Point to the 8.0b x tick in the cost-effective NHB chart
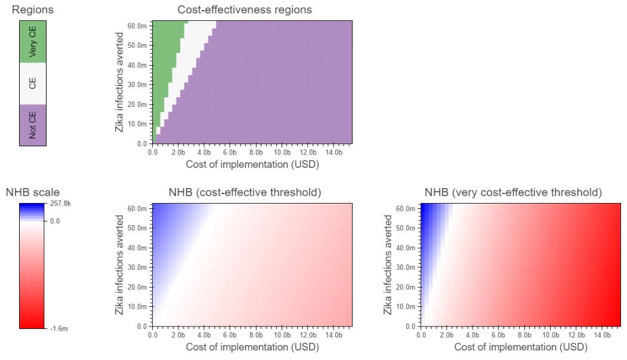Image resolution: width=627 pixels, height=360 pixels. tap(255, 335)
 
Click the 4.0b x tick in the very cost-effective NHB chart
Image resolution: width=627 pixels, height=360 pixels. tap(472, 335)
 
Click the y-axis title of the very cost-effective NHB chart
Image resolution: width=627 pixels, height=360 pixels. tap(389, 265)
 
